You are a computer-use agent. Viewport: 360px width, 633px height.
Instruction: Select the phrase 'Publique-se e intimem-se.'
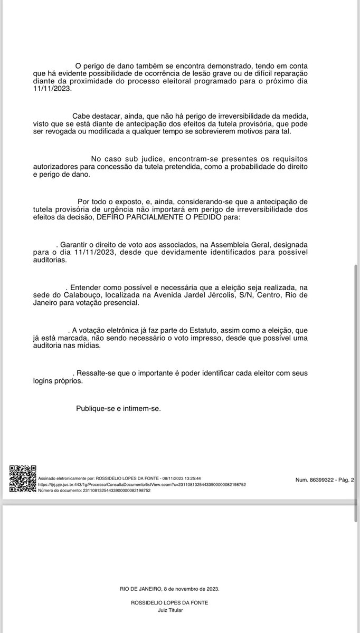118,408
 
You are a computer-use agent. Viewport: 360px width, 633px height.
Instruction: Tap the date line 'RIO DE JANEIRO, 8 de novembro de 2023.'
169,589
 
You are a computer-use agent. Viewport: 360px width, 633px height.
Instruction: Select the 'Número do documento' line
94,490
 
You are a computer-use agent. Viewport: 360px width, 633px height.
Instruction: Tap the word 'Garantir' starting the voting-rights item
77,245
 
